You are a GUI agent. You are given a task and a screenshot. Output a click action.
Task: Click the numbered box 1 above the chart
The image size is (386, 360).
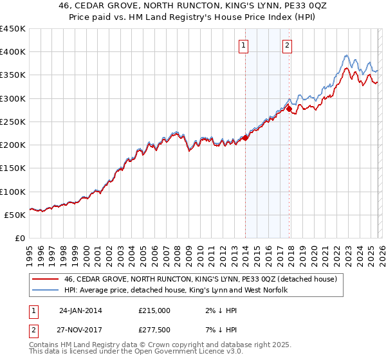[x=244, y=45]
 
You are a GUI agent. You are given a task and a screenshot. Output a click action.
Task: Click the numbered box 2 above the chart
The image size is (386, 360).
[x=287, y=45]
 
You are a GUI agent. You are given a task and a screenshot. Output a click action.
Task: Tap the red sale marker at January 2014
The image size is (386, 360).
[x=245, y=138]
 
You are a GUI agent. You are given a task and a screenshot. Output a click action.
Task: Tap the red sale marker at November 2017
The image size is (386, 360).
[x=289, y=109]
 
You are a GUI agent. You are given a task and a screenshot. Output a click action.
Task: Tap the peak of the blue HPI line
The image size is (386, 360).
[x=346, y=55]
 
